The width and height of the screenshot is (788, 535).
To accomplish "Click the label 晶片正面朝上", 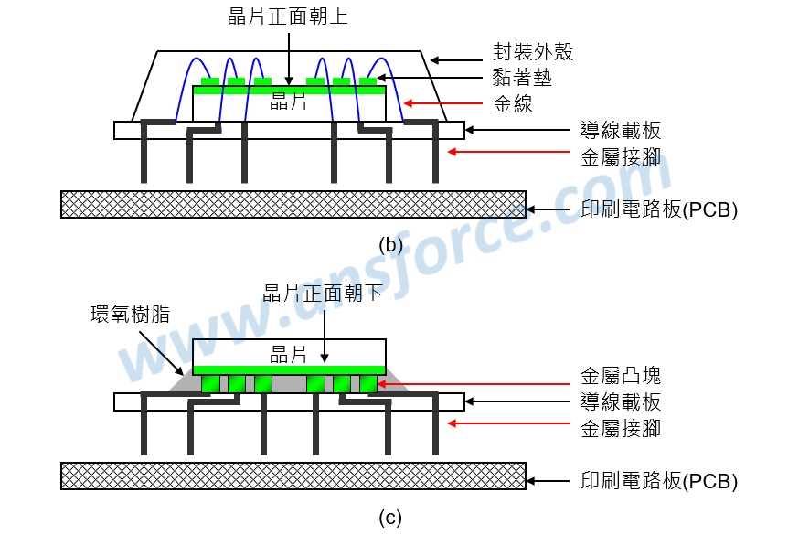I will [x=288, y=16].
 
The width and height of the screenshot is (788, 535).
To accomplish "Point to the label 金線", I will [x=513, y=104].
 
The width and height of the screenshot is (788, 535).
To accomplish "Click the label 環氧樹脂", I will [x=130, y=316].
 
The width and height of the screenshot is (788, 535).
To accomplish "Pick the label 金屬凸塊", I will [x=621, y=376].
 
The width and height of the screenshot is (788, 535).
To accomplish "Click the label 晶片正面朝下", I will [x=323, y=294].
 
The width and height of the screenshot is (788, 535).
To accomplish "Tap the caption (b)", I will [x=390, y=244].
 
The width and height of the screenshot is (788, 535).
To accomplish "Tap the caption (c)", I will [x=390, y=518].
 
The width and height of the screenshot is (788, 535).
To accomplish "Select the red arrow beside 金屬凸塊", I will [x=475, y=384].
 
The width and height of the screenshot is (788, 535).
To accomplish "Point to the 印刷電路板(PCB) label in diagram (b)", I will [x=659, y=209].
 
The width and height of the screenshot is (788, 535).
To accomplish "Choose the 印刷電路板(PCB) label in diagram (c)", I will [x=659, y=481].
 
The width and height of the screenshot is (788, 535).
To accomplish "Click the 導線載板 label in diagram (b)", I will [x=621, y=130].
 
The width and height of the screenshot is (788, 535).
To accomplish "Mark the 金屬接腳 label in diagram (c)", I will [x=621, y=428].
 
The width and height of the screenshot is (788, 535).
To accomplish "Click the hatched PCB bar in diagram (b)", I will [x=293, y=204].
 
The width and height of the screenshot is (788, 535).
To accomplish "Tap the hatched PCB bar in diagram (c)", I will [x=293, y=476].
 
